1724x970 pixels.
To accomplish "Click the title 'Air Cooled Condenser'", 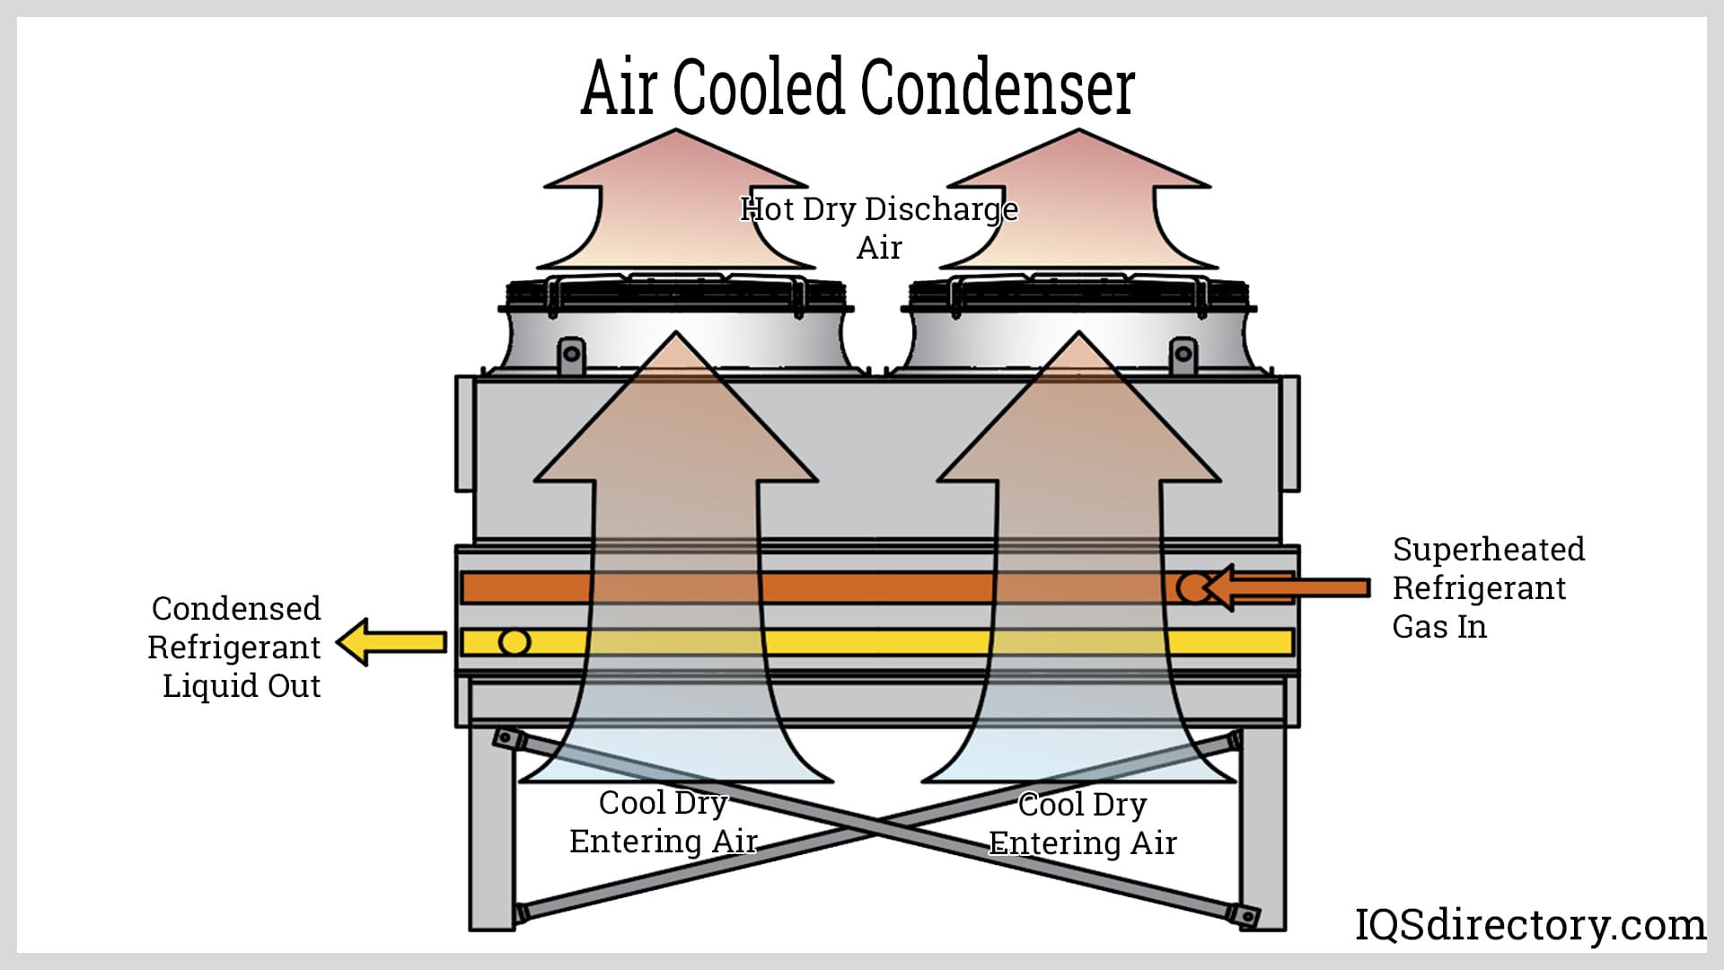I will [x=858, y=87].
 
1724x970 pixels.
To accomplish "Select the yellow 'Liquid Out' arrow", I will [x=390, y=641].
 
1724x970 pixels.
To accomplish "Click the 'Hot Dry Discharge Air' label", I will [x=879, y=227].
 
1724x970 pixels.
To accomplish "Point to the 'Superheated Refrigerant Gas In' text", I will [x=1487, y=587].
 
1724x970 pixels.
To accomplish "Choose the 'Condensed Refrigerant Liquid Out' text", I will [x=235, y=647].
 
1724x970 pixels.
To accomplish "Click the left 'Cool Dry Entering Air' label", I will [x=664, y=822].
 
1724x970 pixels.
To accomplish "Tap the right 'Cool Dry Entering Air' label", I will [x=1083, y=824].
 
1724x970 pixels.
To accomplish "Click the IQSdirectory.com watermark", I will [x=1529, y=924].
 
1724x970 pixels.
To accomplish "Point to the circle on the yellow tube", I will [x=515, y=641].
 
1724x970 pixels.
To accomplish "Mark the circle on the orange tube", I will [x=1191, y=588].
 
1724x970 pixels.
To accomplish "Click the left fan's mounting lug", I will [x=571, y=355].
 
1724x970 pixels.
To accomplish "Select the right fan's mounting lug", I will [x=1183, y=355].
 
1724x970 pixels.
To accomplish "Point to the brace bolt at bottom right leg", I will [x=1247, y=915].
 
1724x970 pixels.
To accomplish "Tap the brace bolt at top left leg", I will [x=507, y=739].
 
